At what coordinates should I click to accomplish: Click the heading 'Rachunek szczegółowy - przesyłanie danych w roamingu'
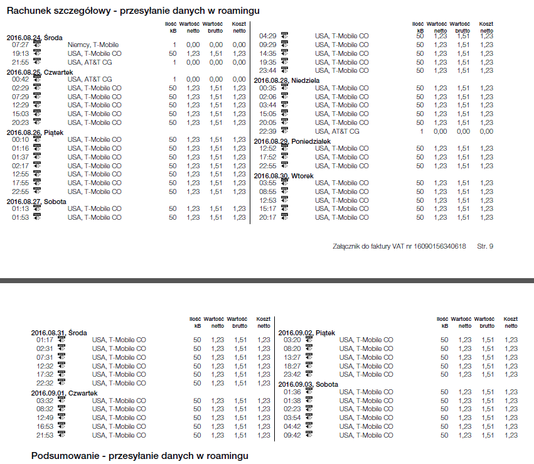pos(133,11)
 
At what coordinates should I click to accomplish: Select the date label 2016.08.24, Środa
pos(35,38)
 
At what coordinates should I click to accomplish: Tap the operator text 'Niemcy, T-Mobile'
pos(92,45)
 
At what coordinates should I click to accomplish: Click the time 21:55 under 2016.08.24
pos(21,62)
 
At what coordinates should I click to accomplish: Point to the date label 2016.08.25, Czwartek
pos(40,72)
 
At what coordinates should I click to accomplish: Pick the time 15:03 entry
pos(21,114)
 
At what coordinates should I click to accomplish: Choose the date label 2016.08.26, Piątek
pos(36,132)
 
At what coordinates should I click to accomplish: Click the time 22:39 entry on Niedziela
pos(268,131)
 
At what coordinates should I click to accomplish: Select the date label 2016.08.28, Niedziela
pos(287,80)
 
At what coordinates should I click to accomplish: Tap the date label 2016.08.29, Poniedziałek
pos(292,141)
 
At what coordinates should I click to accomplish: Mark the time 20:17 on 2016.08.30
pos(268,217)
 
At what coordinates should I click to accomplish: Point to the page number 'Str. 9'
pos(485,246)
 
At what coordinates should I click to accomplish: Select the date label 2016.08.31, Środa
pos(59,333)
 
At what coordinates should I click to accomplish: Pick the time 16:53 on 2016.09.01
pos(45,426)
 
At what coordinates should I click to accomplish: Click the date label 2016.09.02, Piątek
pos(307,333)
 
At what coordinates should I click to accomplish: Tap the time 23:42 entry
pos(292,374)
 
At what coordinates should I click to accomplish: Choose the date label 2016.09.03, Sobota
pos(308,384)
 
